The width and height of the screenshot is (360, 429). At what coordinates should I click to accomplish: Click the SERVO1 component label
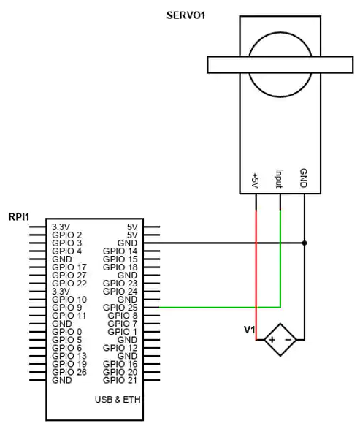tap(185, 15)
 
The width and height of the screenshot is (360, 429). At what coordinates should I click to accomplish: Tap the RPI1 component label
tap(19, 217)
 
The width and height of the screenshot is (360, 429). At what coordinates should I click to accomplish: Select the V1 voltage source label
tap(249, 330)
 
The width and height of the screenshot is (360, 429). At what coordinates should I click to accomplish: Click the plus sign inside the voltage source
tap(272, 340)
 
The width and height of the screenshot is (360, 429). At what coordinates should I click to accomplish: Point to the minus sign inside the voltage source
tap(288, 340)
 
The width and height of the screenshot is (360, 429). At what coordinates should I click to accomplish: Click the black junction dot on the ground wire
tap(305, 243)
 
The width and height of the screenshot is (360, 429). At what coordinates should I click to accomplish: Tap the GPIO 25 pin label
tap(120, 308)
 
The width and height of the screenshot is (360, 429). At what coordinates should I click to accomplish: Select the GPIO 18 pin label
tap(120, 267)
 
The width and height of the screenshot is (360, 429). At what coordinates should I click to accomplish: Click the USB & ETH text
tap(118, 400)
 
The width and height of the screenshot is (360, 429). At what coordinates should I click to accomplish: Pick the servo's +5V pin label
tap(255, 181)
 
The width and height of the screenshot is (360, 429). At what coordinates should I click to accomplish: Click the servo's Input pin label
tap(279, 178)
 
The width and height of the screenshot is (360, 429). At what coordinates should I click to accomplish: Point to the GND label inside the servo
tap(304, 178)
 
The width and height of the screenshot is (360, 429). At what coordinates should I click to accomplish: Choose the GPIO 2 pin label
tap(67, 235)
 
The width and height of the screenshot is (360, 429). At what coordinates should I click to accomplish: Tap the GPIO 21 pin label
tap(120, 380)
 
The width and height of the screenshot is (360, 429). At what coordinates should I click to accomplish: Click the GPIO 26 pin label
tap(69, 372)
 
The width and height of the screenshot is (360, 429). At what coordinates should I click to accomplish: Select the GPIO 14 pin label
tap(120, 251)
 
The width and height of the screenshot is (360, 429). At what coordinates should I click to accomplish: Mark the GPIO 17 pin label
tap(69, 267)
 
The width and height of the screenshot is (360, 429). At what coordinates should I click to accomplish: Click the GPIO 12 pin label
tap(120, 348)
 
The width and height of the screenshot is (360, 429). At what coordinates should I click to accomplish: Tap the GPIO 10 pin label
tap(69, 300)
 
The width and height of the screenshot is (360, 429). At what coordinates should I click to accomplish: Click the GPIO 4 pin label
tap(67, 251)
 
